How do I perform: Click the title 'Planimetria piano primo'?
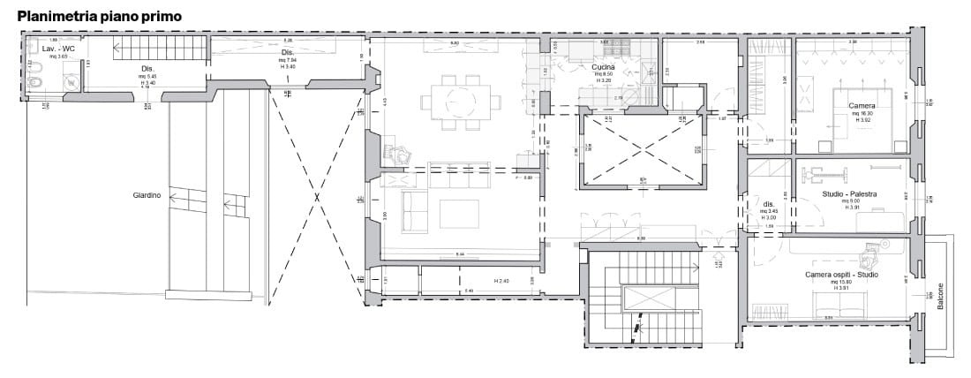point(100,15)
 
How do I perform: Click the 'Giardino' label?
point(147,196)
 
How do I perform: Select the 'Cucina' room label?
point(604,66)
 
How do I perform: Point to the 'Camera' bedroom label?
point(862,106)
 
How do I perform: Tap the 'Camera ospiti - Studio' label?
point(841,275)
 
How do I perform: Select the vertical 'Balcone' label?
point(940,295)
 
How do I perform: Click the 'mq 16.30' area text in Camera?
point(862,114)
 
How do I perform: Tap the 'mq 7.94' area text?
point(288,60)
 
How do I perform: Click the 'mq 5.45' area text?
point(147,75)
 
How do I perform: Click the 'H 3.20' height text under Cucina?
point(604,79)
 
